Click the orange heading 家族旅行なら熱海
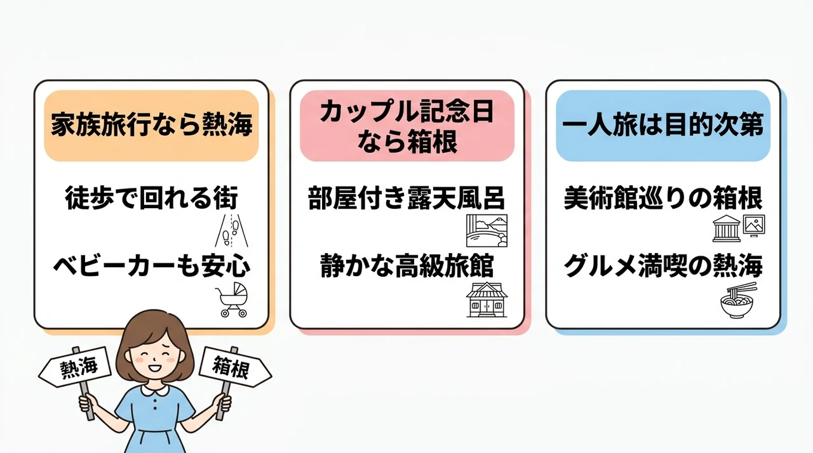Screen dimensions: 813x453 click(151, 126)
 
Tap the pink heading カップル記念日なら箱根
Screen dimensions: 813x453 click(407, 126)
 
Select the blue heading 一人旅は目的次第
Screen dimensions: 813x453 click(662, 126)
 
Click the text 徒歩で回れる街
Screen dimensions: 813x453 click(151, 198)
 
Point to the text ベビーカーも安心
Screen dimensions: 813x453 click(152, 266)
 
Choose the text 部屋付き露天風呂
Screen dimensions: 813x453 click(406, 198)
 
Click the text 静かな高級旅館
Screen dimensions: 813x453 click(407, 266)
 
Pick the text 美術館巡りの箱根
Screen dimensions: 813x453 click(662, 198)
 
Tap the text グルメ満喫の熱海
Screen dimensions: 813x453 click(662, 266)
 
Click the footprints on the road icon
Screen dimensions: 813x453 click(232, 230)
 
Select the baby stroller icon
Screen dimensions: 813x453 click(232, 299)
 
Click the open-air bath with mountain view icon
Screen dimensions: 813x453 click(487, 230)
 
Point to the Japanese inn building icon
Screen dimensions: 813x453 click(487, 299)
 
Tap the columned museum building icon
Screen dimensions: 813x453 click(726, 228)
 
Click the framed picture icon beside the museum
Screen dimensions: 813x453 click(754, 226)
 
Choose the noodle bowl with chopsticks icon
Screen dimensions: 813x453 click(738, 301)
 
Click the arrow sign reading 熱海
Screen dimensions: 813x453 click(75, 367)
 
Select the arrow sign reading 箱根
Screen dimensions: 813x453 click(235, 367)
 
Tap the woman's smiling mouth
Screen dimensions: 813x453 click(155, 367)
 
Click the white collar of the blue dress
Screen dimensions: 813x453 click(155, 390)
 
